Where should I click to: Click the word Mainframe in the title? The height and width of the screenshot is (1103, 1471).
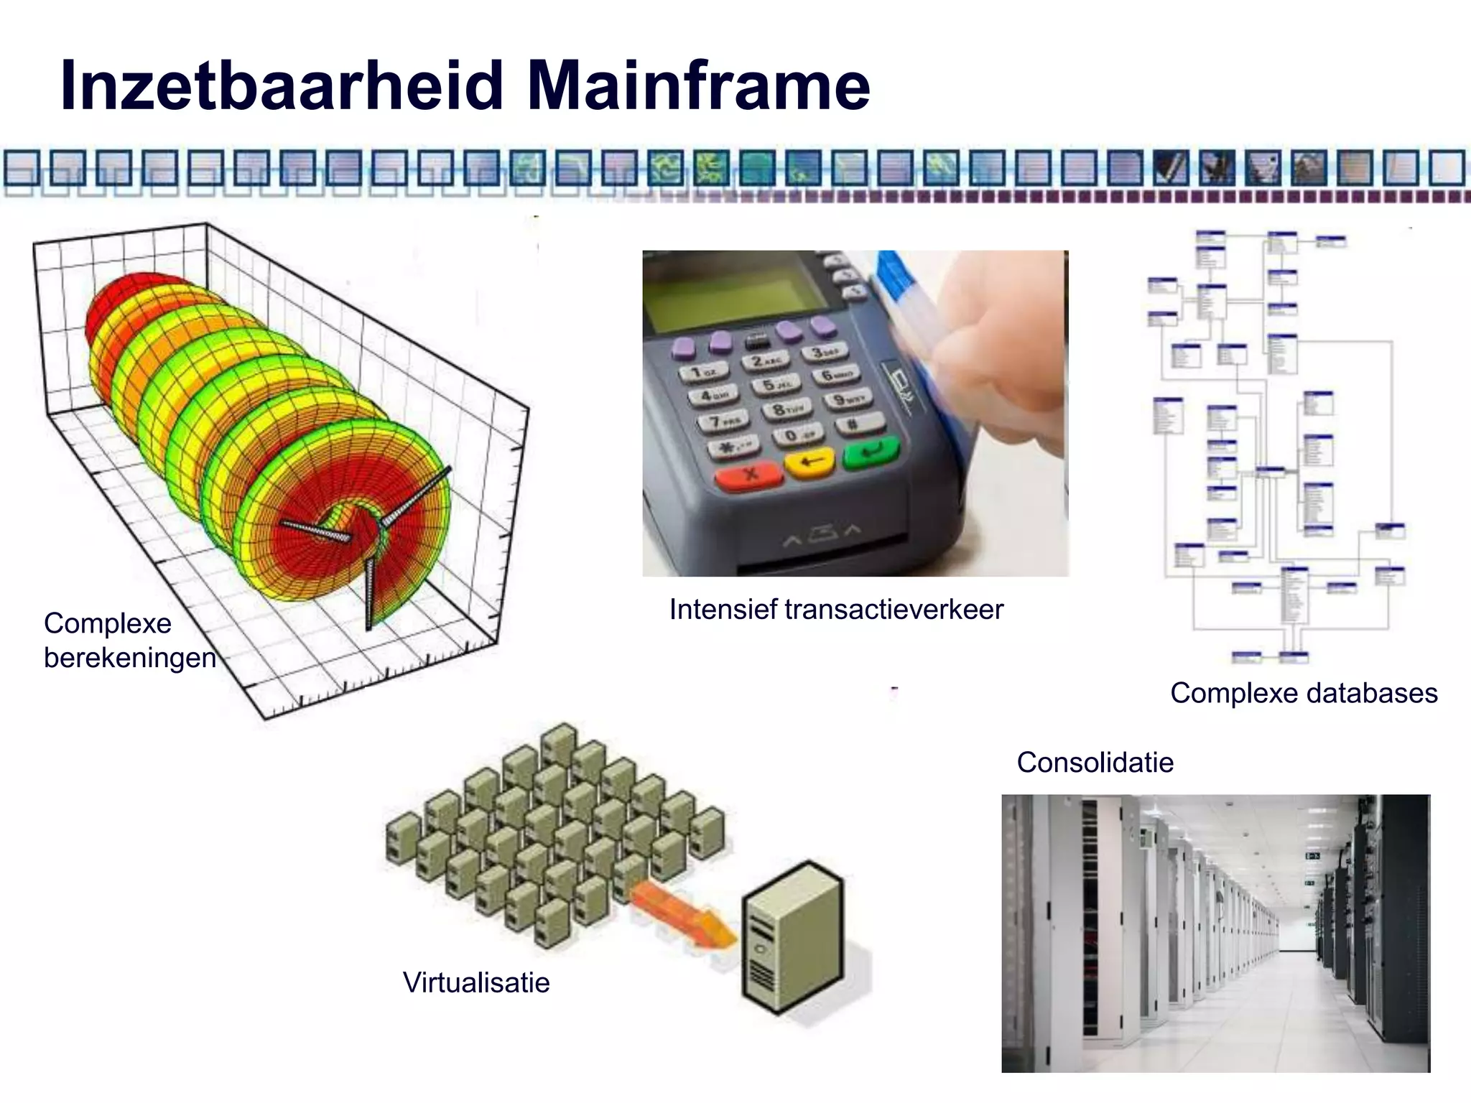(698, 85)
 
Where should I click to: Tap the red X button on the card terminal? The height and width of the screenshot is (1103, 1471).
(750, 474)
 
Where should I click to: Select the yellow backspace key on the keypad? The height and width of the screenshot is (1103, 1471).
(810, 461)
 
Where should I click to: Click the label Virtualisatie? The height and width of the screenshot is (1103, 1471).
(476, 982)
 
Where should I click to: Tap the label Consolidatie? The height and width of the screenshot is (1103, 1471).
(1095, 762)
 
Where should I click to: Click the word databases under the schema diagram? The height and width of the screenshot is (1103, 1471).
(1371, 693)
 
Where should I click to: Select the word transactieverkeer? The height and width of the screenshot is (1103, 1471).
(894, 609)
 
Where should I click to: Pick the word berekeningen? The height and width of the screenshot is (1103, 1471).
(130, 658)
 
